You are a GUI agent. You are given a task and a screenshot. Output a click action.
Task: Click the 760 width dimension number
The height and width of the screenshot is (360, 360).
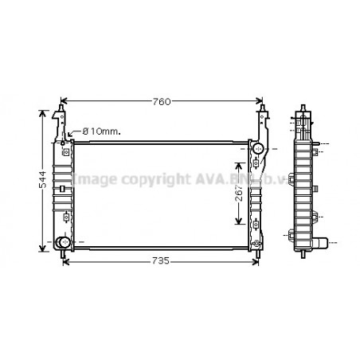(x=162, y=101)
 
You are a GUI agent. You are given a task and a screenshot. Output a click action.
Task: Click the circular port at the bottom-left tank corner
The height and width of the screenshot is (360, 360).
(x=63, y=241)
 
